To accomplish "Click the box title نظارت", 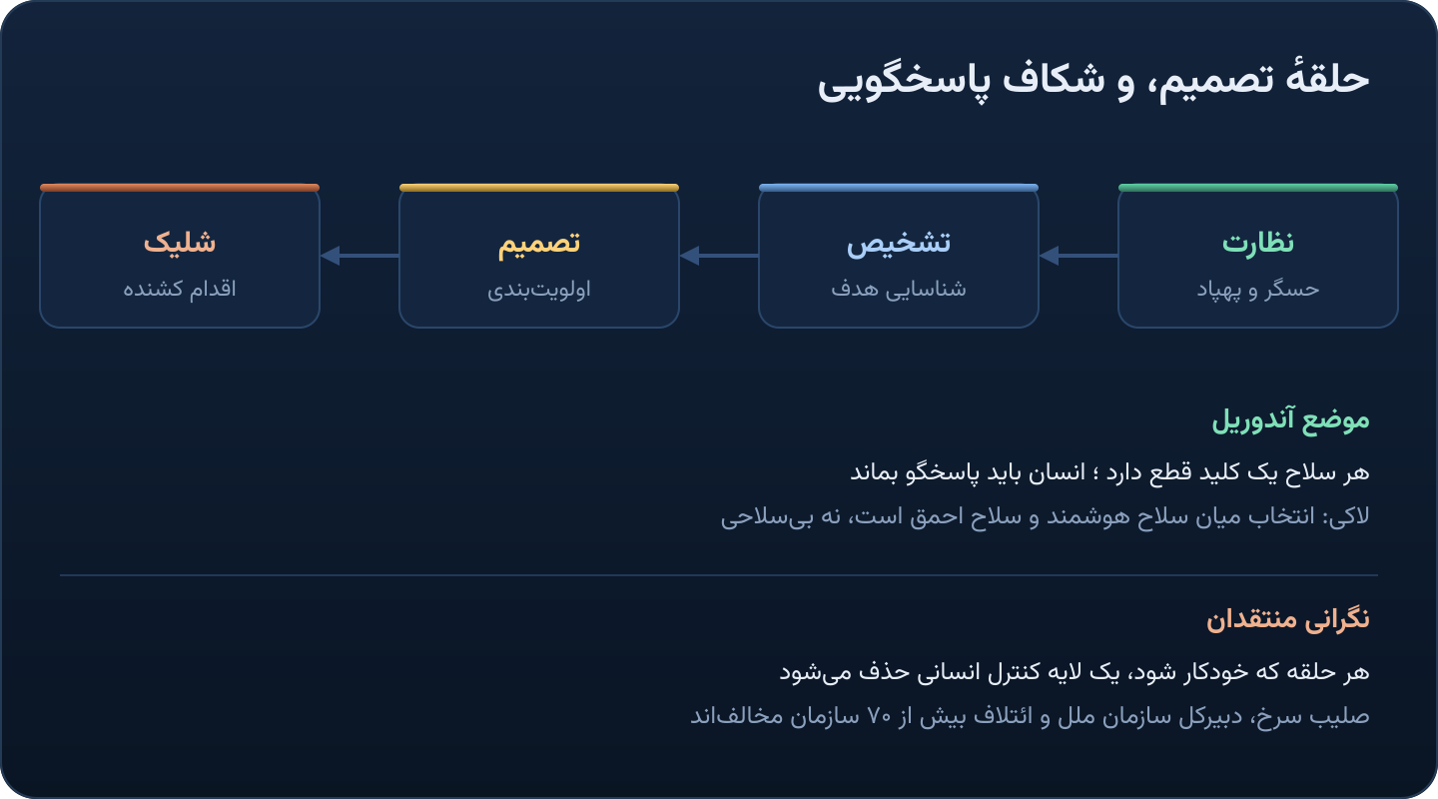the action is pyautogui.click(x=1257, y=243).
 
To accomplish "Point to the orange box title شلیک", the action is pyautogui.click(x=179, y=242).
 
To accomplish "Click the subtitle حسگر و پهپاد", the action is pyautogui.click(x=1257, y=289).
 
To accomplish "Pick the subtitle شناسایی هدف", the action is pyautogui.click(x=898, y=289).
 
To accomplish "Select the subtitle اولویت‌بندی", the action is pyautogui.click(x=538, y=289).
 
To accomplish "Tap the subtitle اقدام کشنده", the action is pyautogui.click(x=179, y=289).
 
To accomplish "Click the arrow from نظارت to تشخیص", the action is pyautogui.click(x=1078, y=256).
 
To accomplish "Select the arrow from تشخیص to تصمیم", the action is pyautogui.click(x=719, y=256).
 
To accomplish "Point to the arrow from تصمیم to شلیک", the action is pyautogui.click(x=359, y=256).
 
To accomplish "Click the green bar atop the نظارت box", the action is pyautogui.click(x=1257, y=188).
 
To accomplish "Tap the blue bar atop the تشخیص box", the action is pyautogui.click(x=898, y=188).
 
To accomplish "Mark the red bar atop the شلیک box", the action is pyautogui.click(x=179, y=188).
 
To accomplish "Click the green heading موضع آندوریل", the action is pyautogui.click(x=1290, y=420).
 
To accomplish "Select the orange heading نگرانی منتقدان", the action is pyautogui.click(x=1288, y=620).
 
